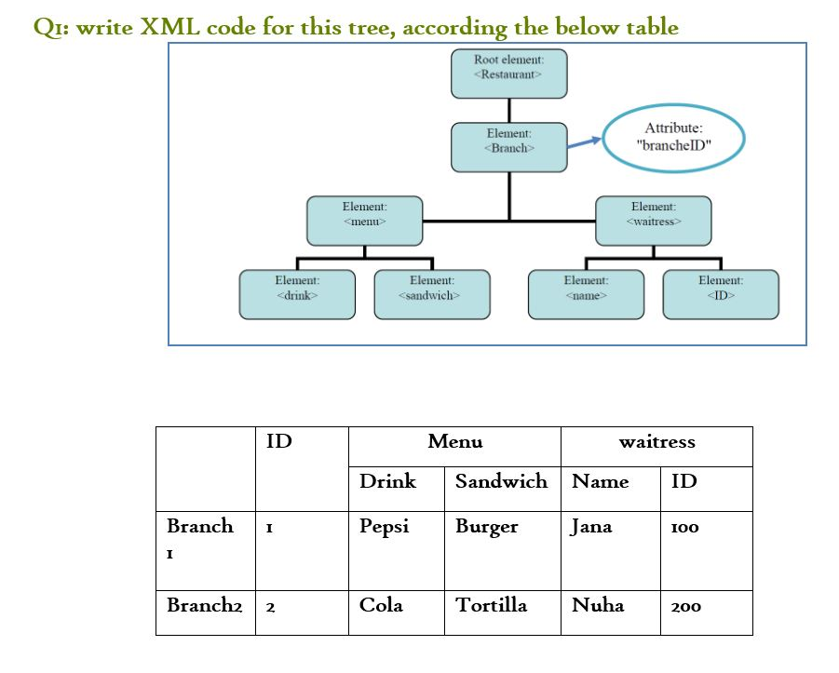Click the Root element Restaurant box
click(x=509, y=74)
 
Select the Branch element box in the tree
click(x=509, y=147)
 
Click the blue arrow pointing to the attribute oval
click(x=585, y=142)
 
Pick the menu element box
click(x=364, y=221)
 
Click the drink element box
click(x=297, y=294)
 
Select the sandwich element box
click(x=431, y=294)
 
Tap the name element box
click(x=586, y=294)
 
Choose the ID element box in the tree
click(x=721, y=294)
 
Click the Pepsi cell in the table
click(x=385, y=526)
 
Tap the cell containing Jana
click(x=591, y=527)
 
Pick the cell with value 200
click(x=686, y=606)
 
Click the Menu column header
click(x=454, y=442)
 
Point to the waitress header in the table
click(x=656, y=442)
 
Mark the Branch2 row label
click(x=199, y=605)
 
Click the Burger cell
click(x=486, y=527)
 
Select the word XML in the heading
click(x=170, y=27)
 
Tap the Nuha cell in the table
click(x=597, y=605)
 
